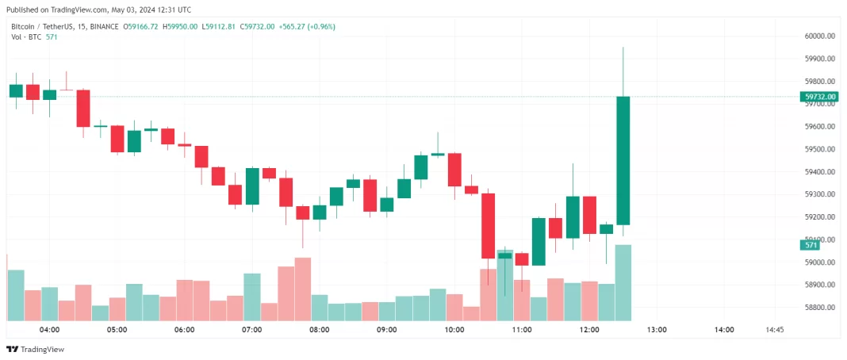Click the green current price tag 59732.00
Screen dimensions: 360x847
point(820,97)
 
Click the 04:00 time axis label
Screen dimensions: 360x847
point(49,330)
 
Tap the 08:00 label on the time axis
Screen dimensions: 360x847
point(320,330)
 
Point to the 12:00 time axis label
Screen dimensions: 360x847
point(589,330)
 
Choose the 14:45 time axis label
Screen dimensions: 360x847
point(775,330)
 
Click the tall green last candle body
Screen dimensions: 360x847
point(623,159)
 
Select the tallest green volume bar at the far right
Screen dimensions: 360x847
point(623,281)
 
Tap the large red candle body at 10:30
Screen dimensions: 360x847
point(488,226)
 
